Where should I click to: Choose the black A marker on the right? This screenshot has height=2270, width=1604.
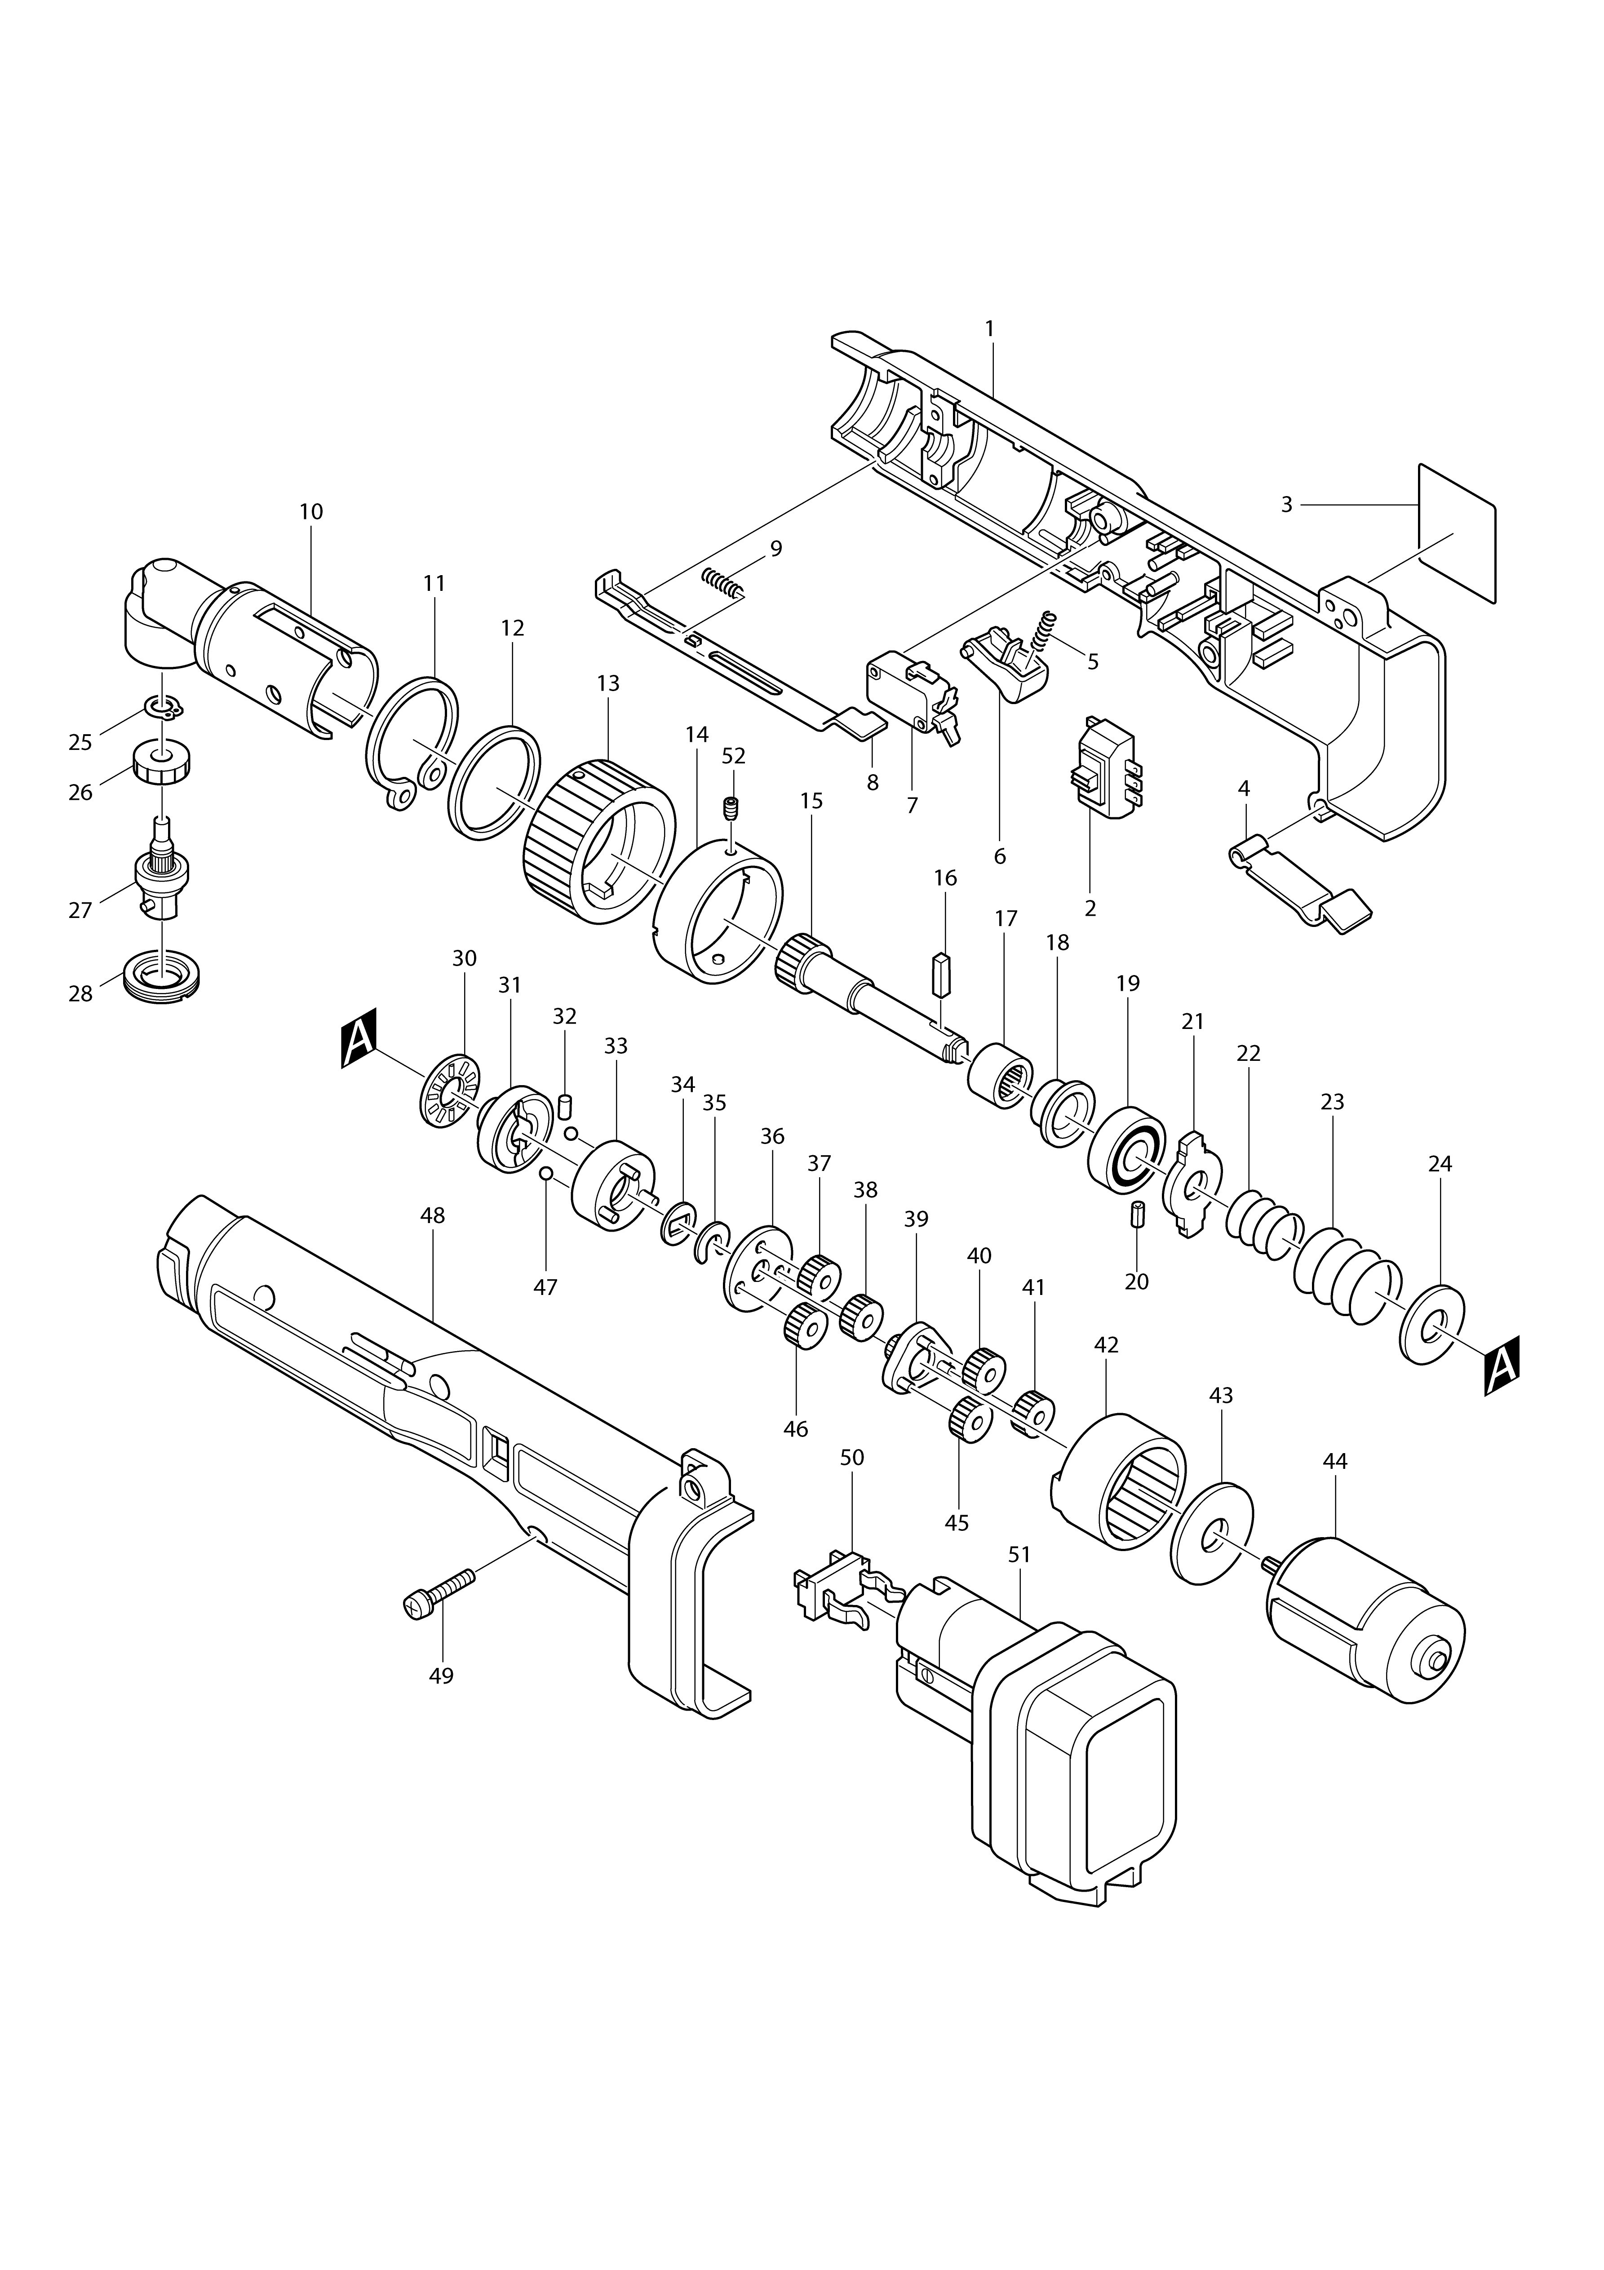[1501, 1366]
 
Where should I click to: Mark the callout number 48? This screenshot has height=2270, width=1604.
[433, 1216]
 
